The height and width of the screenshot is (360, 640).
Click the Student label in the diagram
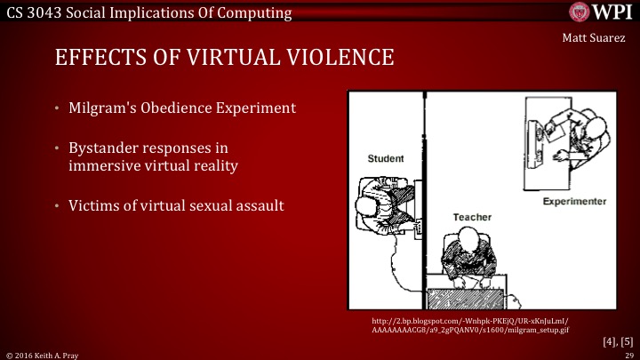tap(386, 158)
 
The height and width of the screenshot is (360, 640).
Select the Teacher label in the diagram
tap(472, 217)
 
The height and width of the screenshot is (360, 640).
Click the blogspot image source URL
tap(472, 324)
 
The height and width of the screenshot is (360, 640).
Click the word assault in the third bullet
tap(258, 204)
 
